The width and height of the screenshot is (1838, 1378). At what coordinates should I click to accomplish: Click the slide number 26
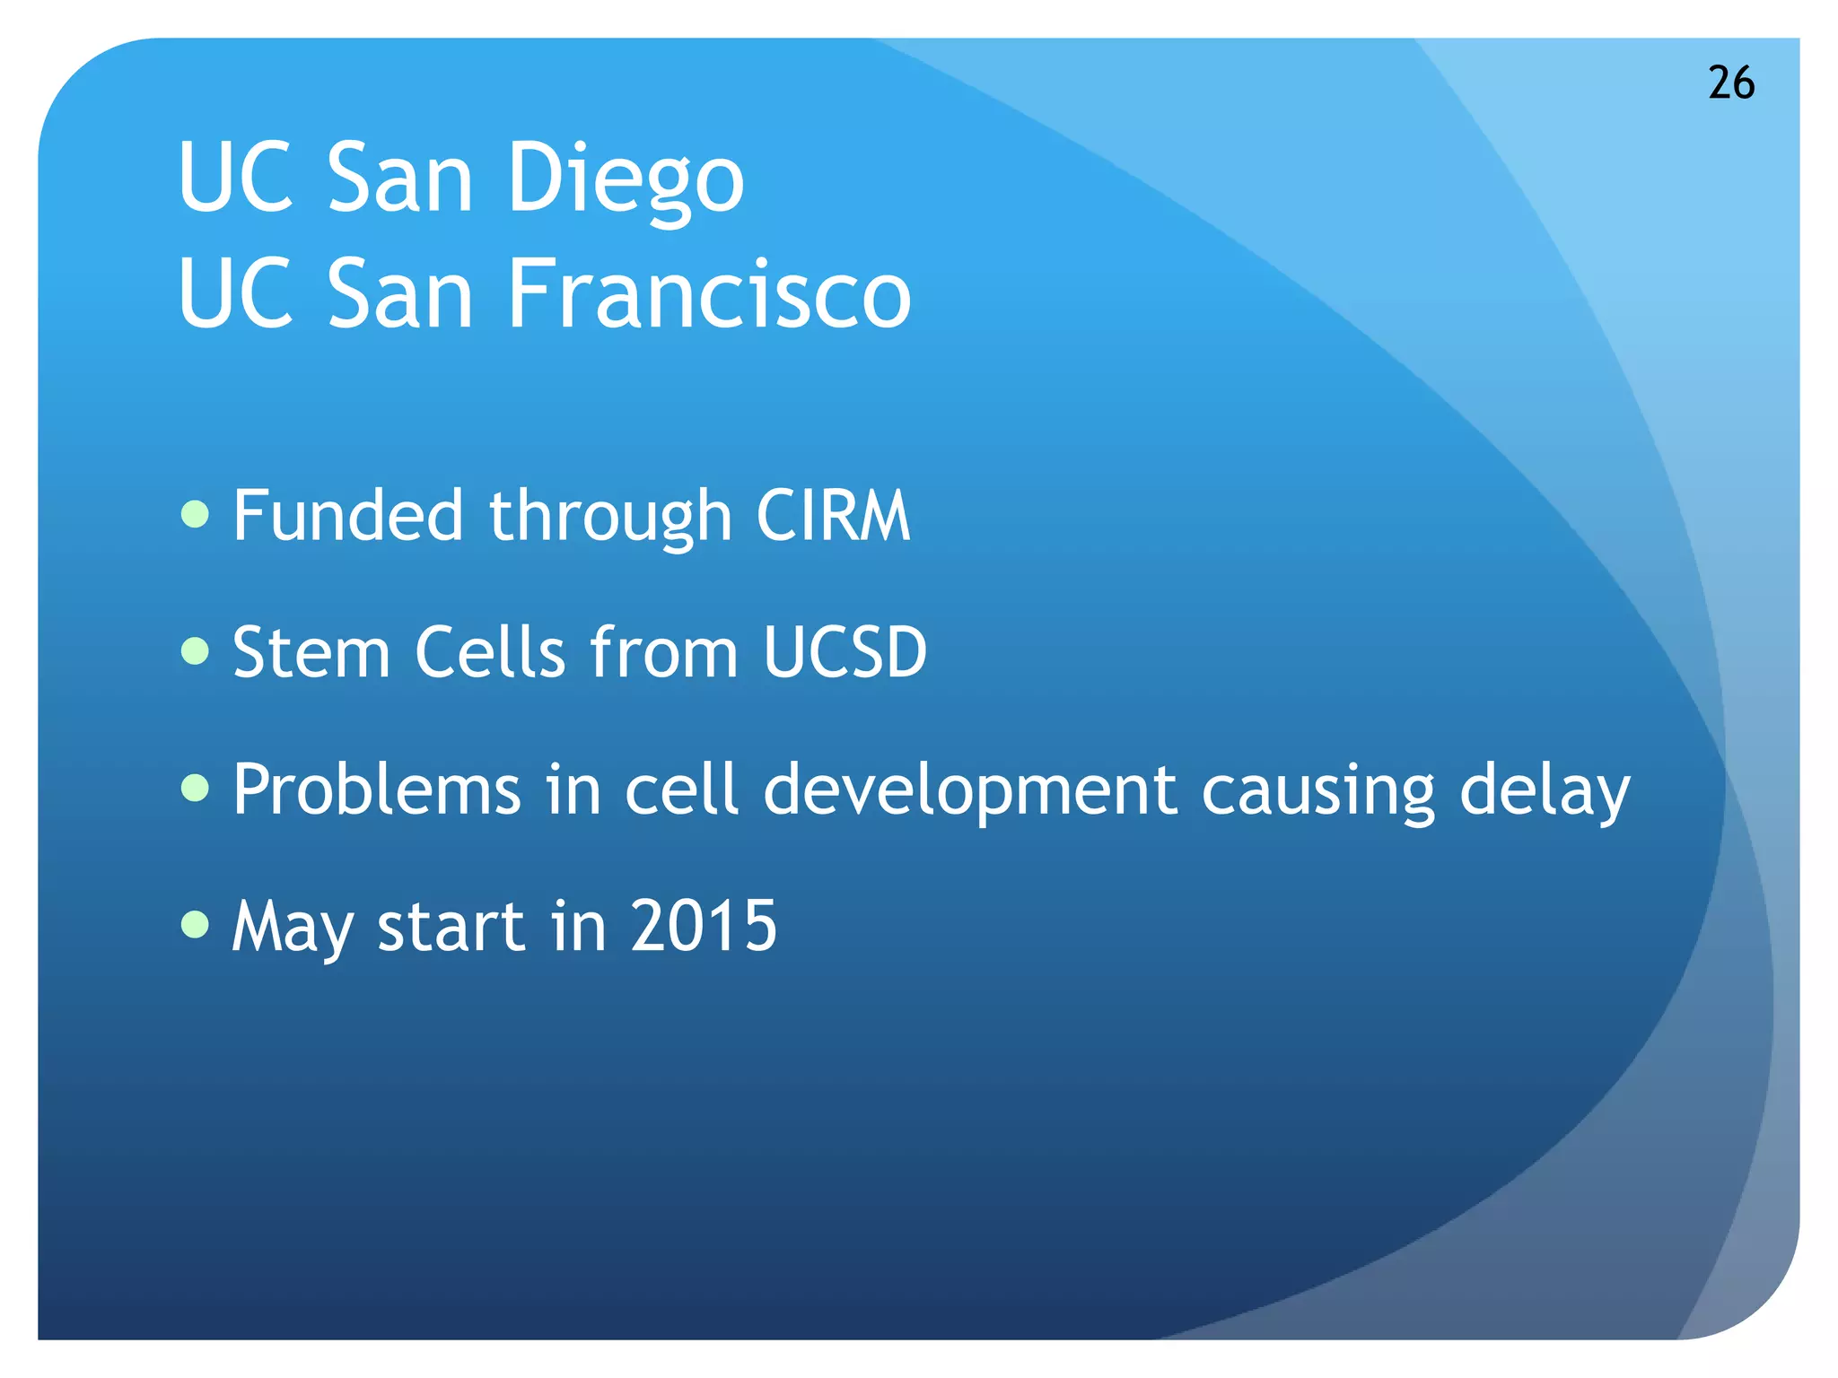[1730, 83]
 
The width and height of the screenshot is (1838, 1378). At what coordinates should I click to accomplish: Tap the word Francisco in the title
[709, 293]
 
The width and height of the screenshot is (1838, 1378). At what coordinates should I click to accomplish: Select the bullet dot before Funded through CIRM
[195, 514]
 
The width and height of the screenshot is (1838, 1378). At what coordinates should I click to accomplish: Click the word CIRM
[833, 516]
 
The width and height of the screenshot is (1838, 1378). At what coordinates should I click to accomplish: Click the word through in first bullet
[610, 519]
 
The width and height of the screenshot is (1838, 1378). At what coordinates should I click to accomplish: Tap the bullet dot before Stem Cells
[195, 650]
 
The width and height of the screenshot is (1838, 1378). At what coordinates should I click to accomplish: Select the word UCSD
[845, 652]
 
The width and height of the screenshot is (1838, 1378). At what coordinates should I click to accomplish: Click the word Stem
[311, 652]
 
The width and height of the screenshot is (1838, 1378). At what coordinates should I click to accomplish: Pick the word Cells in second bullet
[490, 652]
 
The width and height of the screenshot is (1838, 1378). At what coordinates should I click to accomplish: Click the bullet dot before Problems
[195, 788]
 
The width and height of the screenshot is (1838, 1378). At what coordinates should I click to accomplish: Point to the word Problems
[377, 789]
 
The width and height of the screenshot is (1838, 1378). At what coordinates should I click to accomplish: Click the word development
[969, 791]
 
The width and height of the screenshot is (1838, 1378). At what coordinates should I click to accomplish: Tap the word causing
[1317, 793]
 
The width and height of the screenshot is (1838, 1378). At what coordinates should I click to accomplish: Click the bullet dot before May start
[195, 923]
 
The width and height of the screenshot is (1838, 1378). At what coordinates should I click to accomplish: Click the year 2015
[703, 926]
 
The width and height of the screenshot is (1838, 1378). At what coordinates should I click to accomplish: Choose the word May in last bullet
[293, 929]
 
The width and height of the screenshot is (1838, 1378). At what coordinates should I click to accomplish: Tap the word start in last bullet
[451, 927]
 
